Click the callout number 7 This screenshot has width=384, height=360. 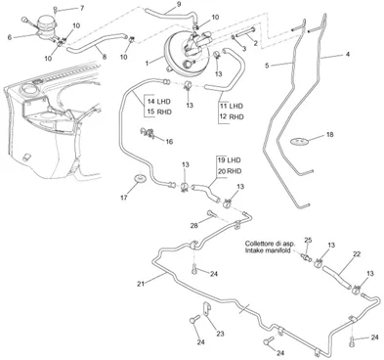pos(82,8)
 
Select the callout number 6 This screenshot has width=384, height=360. pos(10,37)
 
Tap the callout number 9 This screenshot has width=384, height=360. pos(179,5)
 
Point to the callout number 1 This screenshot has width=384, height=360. pos(147,63)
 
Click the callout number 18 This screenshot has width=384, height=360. pos(330,134)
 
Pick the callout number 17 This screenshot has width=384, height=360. pos(124,198)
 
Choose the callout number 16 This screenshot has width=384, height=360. pos(169,142)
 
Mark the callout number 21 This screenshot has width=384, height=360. pos(141,284)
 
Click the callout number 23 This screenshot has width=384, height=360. pos(221,334)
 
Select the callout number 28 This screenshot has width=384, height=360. pos(193,225)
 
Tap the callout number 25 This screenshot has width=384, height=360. pos(308,241)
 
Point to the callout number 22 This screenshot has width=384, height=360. pos(357,254)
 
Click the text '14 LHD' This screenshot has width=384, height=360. pos(159,102)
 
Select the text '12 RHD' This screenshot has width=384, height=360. pos(232,116)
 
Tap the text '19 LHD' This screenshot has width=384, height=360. pos(229,160)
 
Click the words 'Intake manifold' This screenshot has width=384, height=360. pos(268,250)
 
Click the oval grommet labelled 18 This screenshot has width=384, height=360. pos(299,142)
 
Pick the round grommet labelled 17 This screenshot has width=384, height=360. pos(141,179)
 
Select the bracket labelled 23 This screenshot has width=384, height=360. pos(207,309)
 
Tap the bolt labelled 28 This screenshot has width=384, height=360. pos(211,214)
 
